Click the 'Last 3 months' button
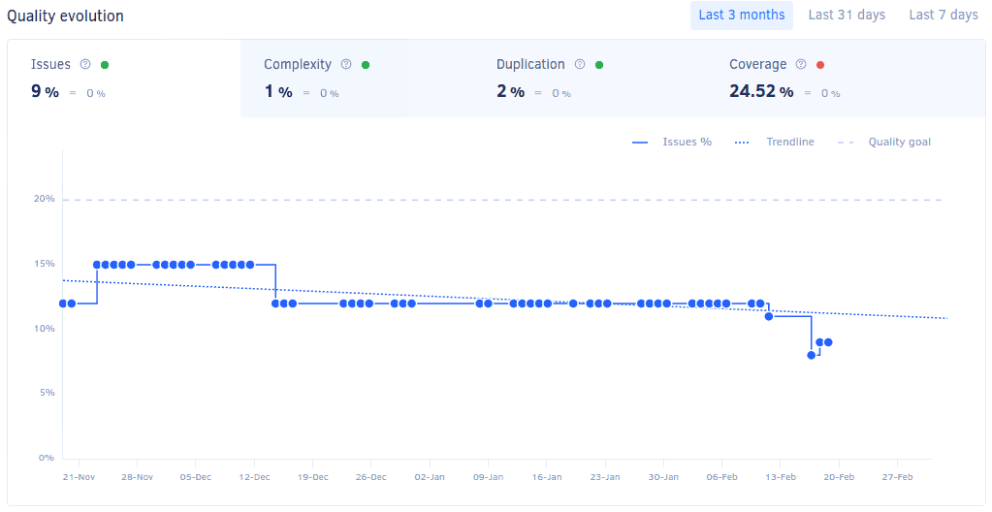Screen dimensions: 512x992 point(741,16)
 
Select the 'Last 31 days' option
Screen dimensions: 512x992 point(847,16)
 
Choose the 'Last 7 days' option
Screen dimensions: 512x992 point(943,16)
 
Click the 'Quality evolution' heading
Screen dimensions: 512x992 point(65,16)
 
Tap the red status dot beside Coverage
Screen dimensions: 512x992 point(820,65)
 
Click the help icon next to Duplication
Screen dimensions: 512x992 point(580,65)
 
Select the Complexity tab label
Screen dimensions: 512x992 point(297,65)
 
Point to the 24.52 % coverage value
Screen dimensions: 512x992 point(761,92)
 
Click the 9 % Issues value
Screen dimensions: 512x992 point(45,92)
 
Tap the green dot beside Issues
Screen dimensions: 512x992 point(105,65)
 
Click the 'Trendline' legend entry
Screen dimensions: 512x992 point(789,143)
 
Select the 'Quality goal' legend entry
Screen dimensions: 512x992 point(899,143)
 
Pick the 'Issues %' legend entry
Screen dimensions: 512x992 point(687,143)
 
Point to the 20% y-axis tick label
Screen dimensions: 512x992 point(44,200)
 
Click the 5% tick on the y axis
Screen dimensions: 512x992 point(47,393)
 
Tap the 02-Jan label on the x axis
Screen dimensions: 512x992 point(430,477)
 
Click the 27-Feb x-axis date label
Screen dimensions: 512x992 point(897,477)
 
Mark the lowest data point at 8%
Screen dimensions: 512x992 point(811,355)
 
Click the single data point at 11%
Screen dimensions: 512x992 point(769,316)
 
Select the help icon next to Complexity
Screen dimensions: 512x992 point(345,65)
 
